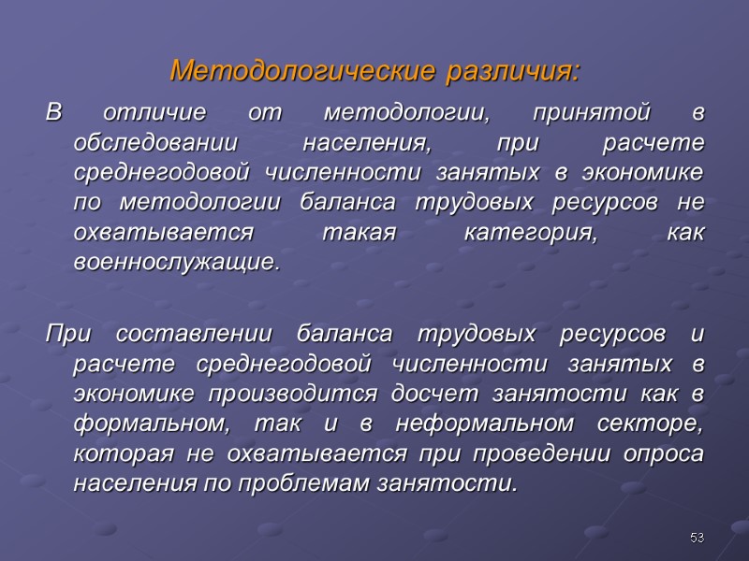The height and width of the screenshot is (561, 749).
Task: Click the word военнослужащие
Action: coord(176,263)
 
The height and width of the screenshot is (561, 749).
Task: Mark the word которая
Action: coord(114,453)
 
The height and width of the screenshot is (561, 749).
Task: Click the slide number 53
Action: coord(696,538)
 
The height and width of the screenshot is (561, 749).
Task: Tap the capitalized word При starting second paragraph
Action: coord(64,335)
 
